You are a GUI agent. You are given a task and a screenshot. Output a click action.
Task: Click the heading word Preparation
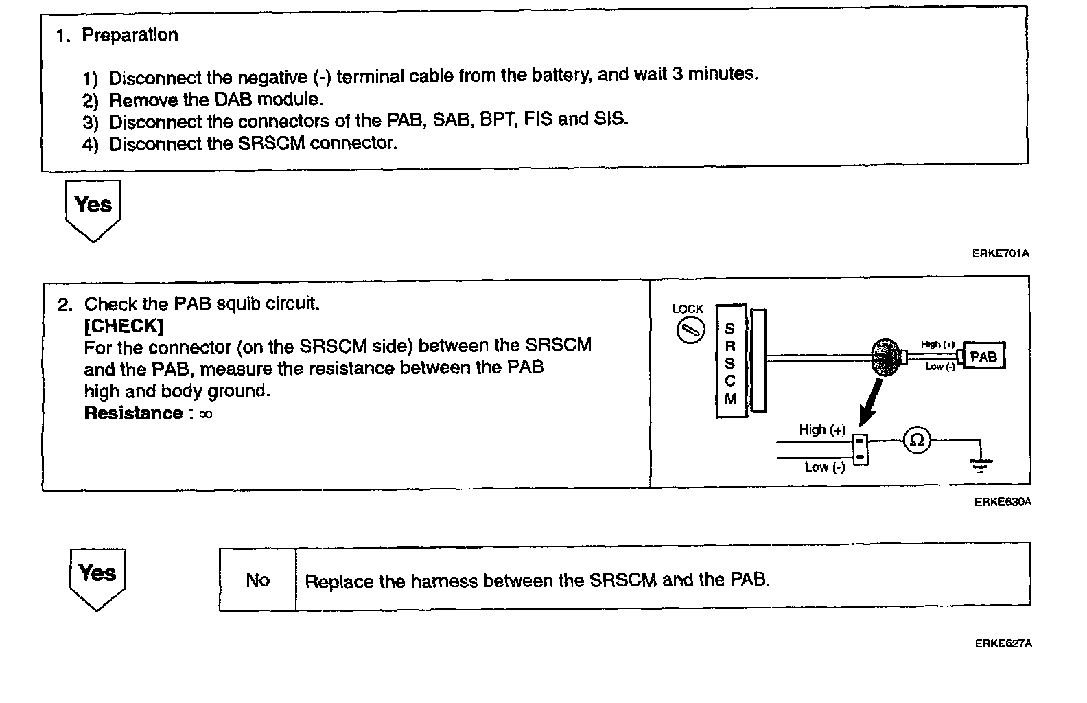tap(130, 35)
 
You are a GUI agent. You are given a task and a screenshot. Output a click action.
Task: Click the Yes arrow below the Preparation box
tap(93, 207)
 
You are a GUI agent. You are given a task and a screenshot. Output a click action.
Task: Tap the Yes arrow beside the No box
tap(97, 576)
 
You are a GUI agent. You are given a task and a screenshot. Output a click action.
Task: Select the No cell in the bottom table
tap(257, 580)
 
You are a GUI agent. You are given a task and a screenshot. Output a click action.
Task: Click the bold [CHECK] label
tap(124, 325)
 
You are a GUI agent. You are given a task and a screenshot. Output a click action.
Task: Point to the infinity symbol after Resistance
tap(205, 414)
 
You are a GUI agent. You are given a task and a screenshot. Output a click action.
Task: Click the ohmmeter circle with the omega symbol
tap(917, 439)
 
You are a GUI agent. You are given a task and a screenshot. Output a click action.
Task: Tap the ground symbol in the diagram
tap(980, 465)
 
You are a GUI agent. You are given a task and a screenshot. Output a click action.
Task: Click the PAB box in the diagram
tap(983, 356)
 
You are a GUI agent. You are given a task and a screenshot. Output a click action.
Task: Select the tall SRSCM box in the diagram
tap(730, 362)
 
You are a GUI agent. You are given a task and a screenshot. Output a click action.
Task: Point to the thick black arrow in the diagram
tap(871, 405)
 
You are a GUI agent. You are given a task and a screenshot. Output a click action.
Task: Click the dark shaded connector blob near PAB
tap(886, 357)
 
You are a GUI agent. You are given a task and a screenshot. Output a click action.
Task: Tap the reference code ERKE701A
tap(1000, 253)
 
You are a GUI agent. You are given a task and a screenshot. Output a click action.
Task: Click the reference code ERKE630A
tap(1002, 502)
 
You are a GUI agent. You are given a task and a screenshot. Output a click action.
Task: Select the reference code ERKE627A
tap(1003, 643)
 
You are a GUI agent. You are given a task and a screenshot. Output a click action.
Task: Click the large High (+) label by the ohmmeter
tap(822, 430)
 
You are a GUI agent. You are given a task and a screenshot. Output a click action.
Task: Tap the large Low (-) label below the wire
tap(825, 467)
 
